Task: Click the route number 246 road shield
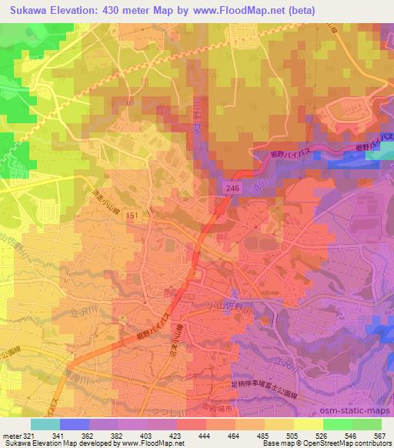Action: tap(232, 187)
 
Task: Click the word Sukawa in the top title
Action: tap(22, 8)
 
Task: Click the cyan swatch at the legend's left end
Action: tap(45, 423)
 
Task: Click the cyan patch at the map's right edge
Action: tap(379, 154)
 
